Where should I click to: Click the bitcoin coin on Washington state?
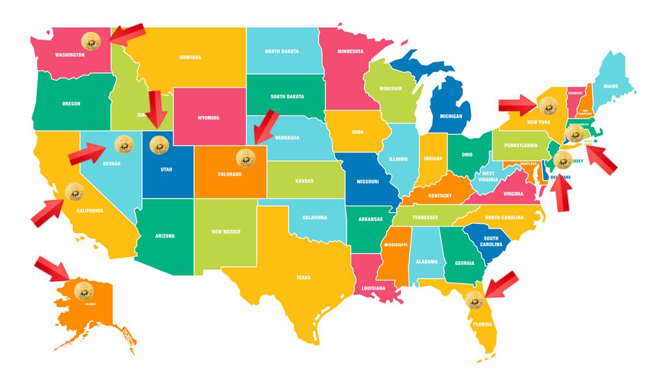[91, 42]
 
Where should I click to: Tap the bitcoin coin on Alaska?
[84, 291]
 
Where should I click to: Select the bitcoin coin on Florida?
[474, 300]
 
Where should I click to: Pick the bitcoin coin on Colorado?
[246, 156]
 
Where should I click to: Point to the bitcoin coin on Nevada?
[123, 144]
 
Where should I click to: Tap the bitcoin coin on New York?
[548, 104]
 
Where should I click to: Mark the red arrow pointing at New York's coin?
[518, 103]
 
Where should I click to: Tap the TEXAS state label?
[304, 278]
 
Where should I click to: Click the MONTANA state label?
[190, 57]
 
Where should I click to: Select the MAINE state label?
[611, 86]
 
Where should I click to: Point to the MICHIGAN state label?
[450, 116]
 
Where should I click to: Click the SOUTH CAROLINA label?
[491, 240]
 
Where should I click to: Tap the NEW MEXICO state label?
[226, 232]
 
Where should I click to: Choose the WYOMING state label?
[209, 117]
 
